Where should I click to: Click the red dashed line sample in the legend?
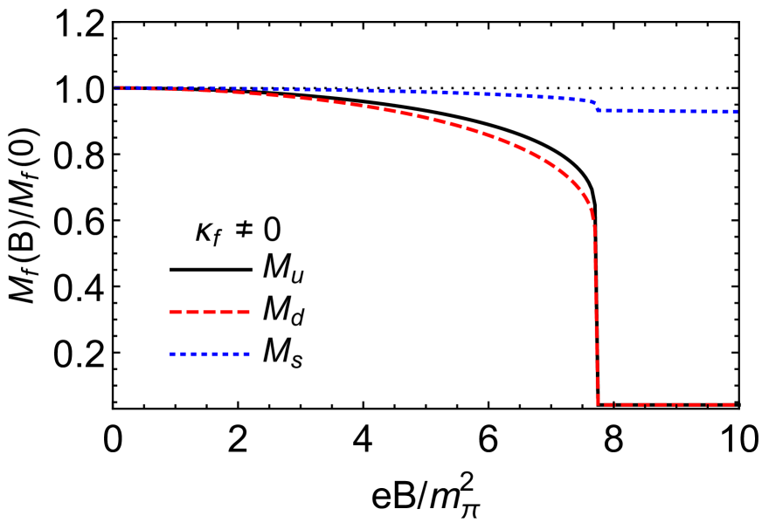(x=210, y=312)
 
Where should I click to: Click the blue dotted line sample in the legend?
(x=210, y=354)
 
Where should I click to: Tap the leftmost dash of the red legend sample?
(x=175, y=312)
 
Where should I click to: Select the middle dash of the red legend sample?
(x=210, y=312)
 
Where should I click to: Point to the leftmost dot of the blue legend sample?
(x=172, y=354)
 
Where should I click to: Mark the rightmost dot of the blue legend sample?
(x=247, y=354)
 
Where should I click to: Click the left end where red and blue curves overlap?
(x=118, y=88)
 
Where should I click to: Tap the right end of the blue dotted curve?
(x=736, y=112)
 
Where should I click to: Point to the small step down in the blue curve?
(x=597, y=106)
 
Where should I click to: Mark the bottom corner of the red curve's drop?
(x=599, y=403)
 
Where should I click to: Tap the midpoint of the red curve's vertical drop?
(x=596, y=314)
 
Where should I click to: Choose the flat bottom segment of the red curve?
(x=664, y=404)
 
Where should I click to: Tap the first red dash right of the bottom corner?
(x=607, y=404)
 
